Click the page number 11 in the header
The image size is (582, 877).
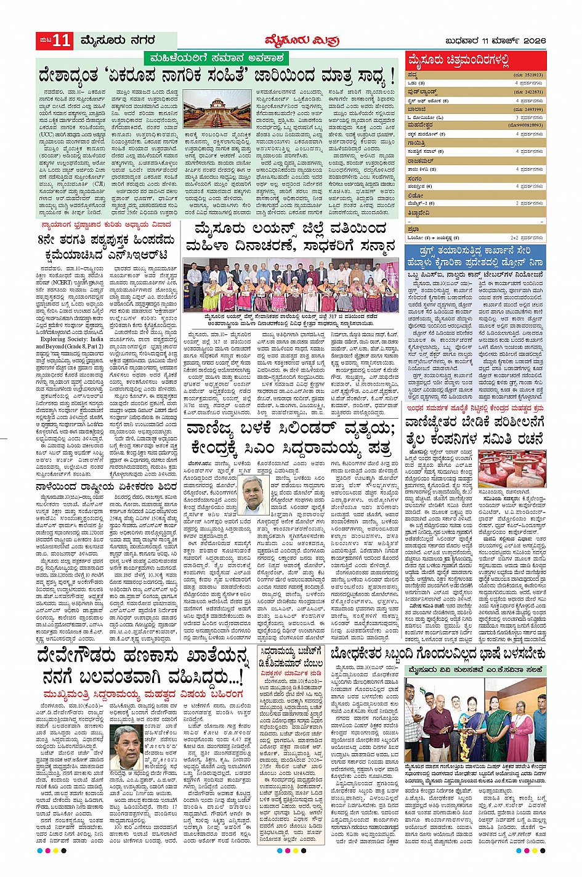click(x=62, y=41)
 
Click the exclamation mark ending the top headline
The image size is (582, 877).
click(x=392, y=78)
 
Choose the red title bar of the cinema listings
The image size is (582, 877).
click(x=475, y=61)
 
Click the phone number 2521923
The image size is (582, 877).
click(x=530, y=75)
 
